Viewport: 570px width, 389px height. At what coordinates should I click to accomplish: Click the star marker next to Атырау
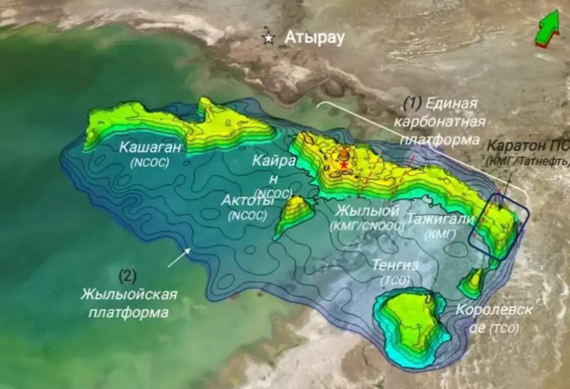click(x=269, y=39)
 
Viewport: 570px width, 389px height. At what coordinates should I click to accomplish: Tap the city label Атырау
click(x=314, y=38)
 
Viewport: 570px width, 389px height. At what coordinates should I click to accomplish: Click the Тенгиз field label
click(x=395, y=265)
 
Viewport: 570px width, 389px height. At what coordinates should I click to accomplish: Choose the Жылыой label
click(x=366, y=210)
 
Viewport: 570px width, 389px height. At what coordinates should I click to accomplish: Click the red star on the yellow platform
click(x=344, y=165)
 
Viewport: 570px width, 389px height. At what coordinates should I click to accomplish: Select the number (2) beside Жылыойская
click(x=128, y=275)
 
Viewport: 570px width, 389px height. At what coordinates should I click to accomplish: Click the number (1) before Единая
click(x=412, y=102)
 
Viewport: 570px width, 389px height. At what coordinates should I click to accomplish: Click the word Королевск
click(x=494, y=310)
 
